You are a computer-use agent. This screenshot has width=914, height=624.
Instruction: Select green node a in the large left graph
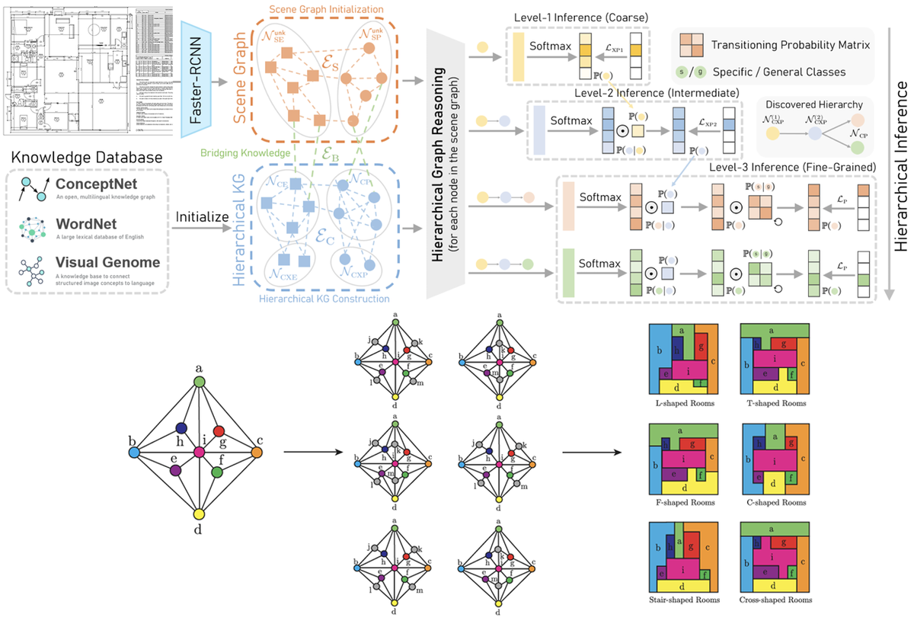(200, 380)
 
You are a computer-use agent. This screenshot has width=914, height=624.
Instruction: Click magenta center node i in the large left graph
(199, 451)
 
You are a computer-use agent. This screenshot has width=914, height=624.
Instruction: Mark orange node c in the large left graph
(257, 452)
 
